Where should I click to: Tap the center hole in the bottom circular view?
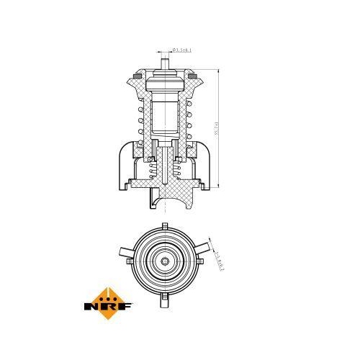166,260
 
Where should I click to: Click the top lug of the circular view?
166,225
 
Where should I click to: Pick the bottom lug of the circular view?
166,294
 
